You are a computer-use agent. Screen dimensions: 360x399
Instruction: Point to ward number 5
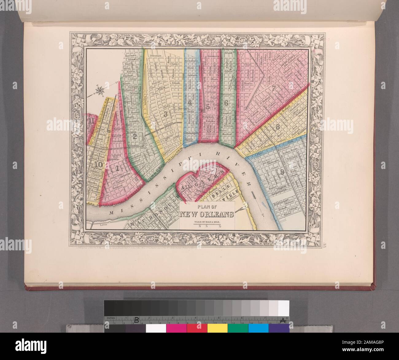point(208,107)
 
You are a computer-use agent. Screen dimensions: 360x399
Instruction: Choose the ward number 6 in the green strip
point(226,103)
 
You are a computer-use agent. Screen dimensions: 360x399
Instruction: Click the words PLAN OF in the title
point(207,207)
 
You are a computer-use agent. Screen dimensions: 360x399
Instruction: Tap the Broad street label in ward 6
point(228,54)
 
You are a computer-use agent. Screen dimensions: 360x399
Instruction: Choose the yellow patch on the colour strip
point(217,328)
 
